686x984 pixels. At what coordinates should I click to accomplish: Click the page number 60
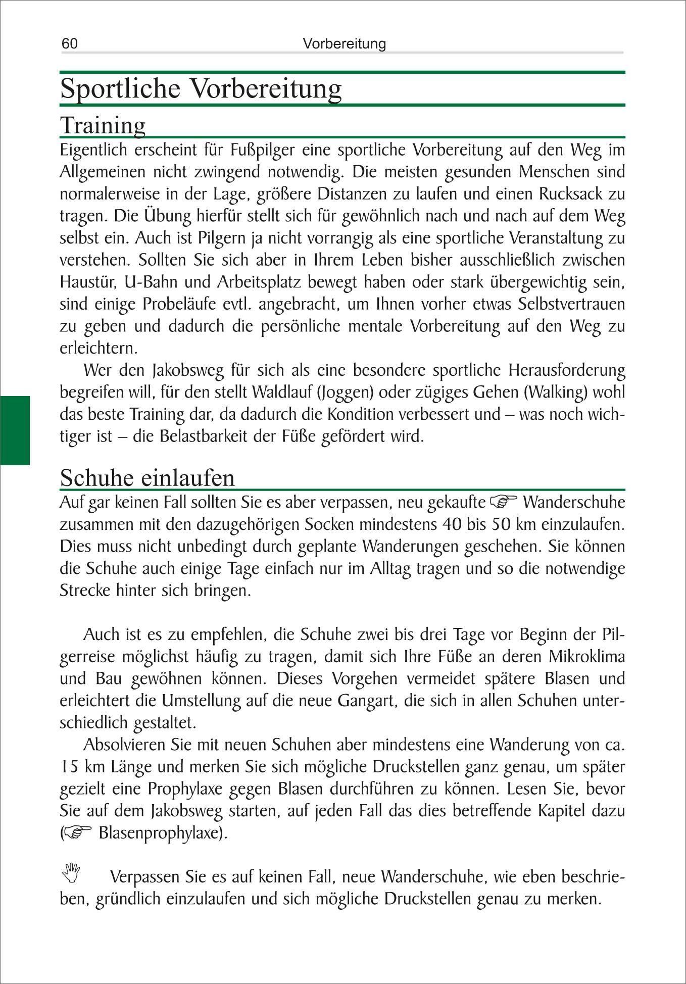tap(70, 43)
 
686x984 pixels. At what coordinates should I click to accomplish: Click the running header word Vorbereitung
tap(344, 43)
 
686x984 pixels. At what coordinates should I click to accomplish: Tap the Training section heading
tap(103, 125)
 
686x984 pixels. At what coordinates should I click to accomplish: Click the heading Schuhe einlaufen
tap(147, 477)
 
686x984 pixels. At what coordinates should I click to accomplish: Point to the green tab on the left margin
tap(15, 430)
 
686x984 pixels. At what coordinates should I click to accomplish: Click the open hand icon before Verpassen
tap(71, 872)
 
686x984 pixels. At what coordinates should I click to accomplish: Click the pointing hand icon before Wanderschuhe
tap(504, 502)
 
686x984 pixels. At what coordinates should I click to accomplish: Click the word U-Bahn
tap(150, 282)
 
